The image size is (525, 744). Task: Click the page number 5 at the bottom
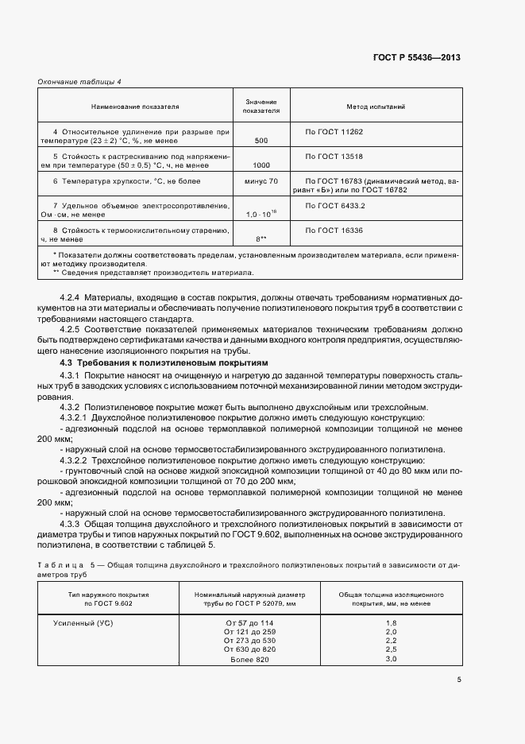pos(458,680)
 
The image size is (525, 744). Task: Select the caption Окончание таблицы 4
pos(79,82)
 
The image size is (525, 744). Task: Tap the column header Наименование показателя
pos(135,106)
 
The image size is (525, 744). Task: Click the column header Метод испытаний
pos(376,106)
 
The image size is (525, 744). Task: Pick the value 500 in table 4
pos(261,140)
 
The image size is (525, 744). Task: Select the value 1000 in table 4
pos(261,165)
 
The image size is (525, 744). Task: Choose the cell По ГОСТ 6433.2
pos(329,205)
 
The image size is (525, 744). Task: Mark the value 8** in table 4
pos(261,238)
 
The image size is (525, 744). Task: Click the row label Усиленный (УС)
pos(82,622)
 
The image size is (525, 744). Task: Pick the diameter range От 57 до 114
pos(249,622)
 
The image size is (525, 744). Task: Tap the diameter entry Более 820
pos(249,660)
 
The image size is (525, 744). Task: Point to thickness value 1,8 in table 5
pos(391,622)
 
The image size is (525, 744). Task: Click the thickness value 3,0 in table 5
pos(391,660)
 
